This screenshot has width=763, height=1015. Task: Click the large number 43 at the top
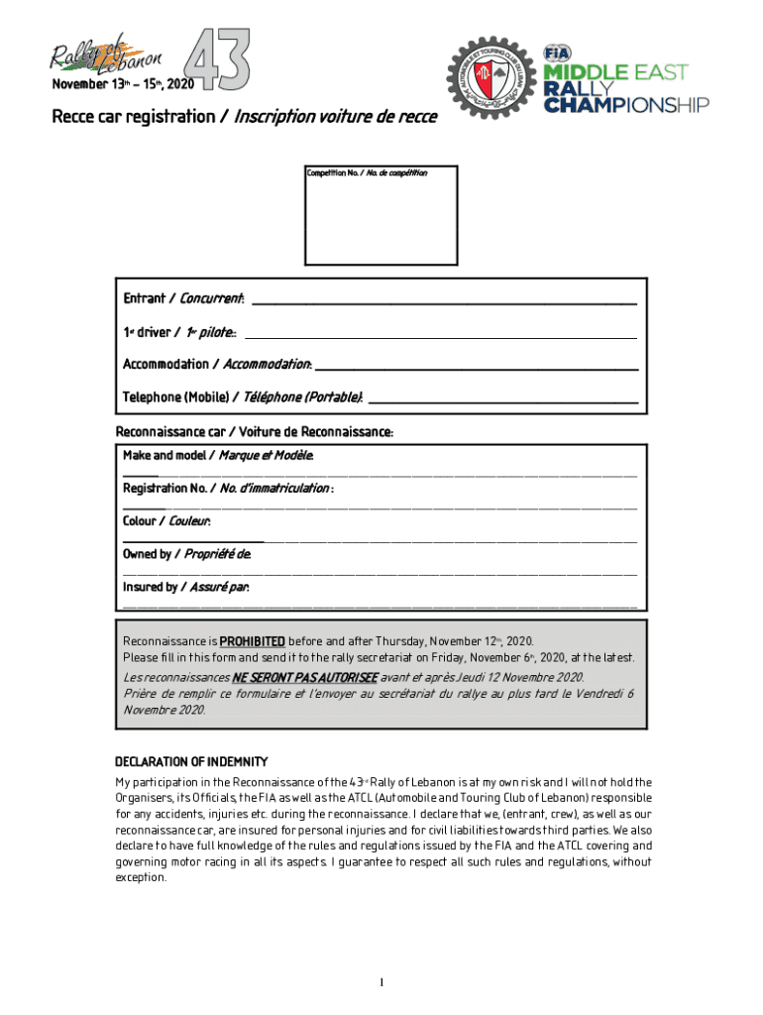tap(219, 57)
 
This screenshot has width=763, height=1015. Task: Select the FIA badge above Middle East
tap(556, 54)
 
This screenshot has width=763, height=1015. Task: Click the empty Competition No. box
tap(381, 221)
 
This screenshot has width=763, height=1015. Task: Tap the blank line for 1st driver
tap(440, 334)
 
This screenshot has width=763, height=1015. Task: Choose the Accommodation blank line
tap(476, 366)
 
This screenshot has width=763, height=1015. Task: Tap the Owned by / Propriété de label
tap(187, 554)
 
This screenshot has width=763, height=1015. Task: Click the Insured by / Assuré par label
tap(185, 587)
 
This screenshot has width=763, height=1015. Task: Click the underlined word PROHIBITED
tap(252, 641)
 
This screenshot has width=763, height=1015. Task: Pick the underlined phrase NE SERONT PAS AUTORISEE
tap(305, 677)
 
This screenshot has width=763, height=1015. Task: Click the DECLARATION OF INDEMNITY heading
tap(191, 761)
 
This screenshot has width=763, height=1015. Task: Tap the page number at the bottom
tap(381, 982)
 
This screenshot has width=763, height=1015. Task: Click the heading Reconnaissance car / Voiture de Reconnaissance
tap(255, 432)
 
